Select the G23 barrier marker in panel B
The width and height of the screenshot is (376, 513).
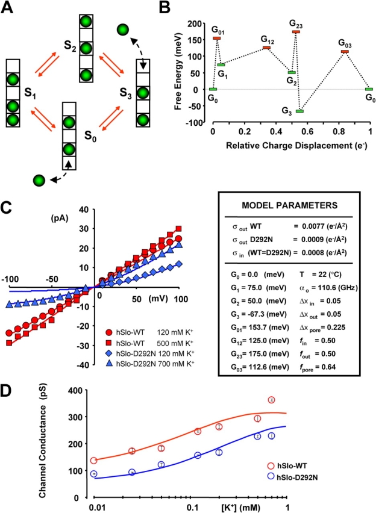click(x=296, y=32)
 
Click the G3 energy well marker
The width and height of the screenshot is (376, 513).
click(x=299, y=111)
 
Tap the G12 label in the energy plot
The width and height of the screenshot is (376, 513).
click(x=268, y=39)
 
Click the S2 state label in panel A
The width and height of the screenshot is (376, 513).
click(x=63, y=44)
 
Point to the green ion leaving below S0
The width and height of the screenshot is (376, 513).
click(x=40, y=180)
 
